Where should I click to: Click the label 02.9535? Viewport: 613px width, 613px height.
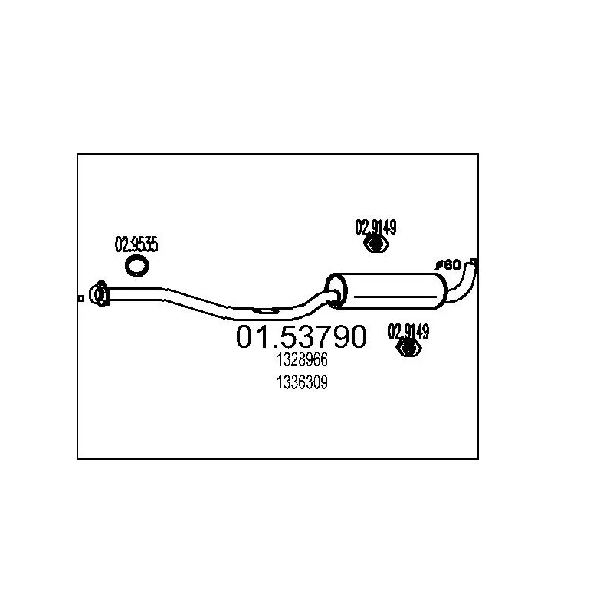pyautogui.click(x=136, y=245)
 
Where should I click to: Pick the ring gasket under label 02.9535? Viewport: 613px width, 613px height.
pyautogui.click(x=137, y=266)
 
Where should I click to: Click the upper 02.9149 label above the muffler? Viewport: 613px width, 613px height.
pyautogui.click(x=375, y=227)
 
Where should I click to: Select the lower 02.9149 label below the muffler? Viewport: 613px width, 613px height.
pyautogui.click(x=408, y=332)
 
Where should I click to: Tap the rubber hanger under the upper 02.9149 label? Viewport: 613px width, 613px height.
pyautogui.click(x=375, y=244)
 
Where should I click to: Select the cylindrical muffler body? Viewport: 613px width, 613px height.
pyautogui.click(x=391, y=289)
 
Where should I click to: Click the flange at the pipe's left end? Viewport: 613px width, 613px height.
pyautogui.click(x=98, y=293)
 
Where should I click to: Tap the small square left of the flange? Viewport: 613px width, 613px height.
pyautogui.click(x=80, y=299)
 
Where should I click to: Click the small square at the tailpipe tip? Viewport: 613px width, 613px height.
pyautogui.click(x=474, y=262)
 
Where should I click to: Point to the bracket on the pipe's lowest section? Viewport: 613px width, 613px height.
pyautogui.click(x=265, y=311)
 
